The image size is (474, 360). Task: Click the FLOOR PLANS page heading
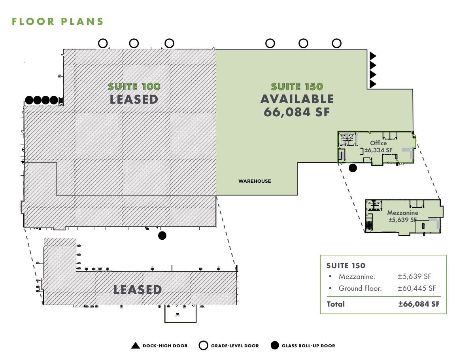58,21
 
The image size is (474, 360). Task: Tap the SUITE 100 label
134,86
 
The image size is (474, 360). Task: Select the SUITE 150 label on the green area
297,86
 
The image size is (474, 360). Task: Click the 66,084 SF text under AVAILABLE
296,112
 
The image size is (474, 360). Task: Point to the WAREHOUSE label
255,181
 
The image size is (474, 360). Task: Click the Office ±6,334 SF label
378,147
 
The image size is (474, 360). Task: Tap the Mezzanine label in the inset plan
402,216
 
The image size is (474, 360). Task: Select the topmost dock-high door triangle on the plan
372,56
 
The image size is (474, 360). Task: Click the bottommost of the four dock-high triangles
372,83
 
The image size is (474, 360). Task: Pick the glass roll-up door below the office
353,168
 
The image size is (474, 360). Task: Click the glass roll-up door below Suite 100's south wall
162,236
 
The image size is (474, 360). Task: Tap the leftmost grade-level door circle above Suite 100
103,43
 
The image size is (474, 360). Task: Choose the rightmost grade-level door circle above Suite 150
336,43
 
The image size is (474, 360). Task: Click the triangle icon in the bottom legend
136,346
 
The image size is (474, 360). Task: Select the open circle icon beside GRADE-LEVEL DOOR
203,346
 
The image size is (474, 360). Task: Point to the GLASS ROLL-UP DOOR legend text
308,346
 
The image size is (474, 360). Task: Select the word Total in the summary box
336,304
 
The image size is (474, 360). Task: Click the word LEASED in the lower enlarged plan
138,290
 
